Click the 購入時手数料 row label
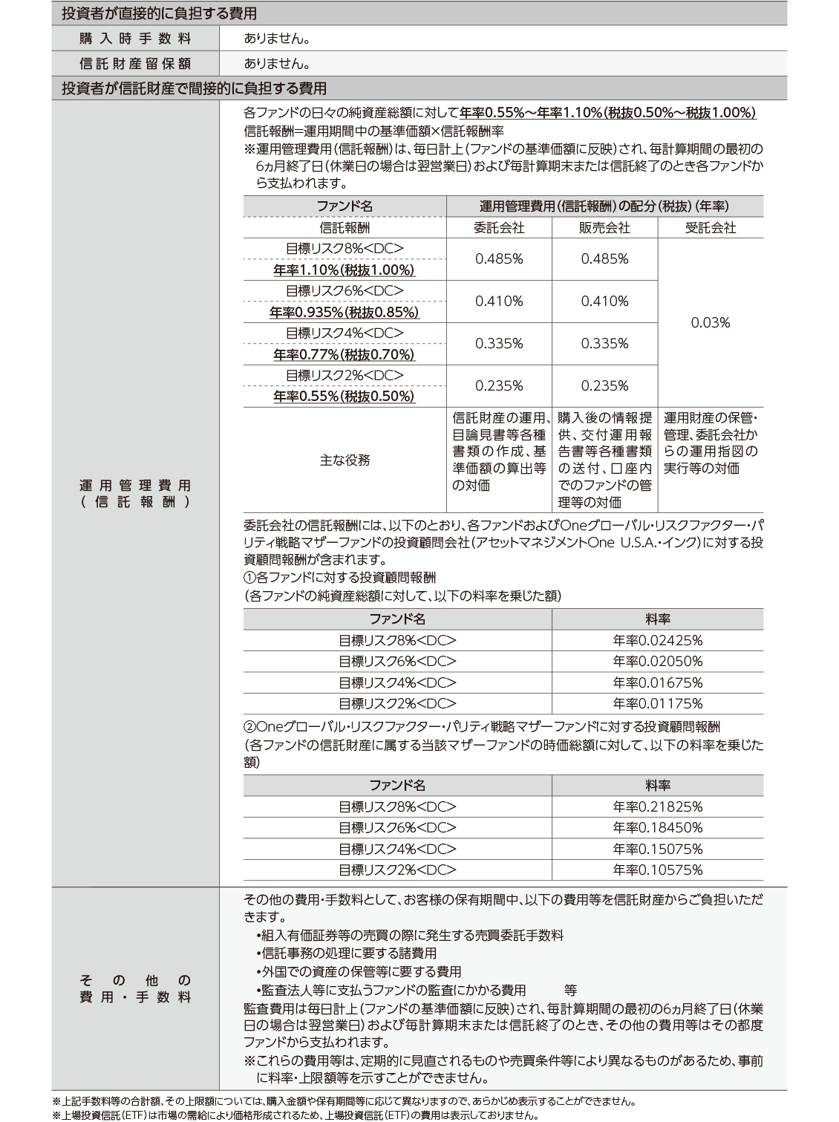pos(135,38)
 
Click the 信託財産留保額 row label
pos(135,63)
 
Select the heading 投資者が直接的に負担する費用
pos(159,13)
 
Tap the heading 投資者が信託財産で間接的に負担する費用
pos(194,88)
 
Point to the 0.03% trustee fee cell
pos(710,322)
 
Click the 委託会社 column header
pos(499,228)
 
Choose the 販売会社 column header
pos(604,228)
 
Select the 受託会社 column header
pos(710,228)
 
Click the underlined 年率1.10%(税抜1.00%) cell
pos(345,270)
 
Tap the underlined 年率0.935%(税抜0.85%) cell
pos(345,313)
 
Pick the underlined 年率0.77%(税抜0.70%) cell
pos(345,355)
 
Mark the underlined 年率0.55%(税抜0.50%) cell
pos(345,397)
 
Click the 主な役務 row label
pos(345,460)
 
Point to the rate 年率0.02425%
pos(657,641)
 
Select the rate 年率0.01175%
pos(657,703)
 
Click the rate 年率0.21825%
pos(657,807)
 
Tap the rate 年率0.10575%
pos(657,870)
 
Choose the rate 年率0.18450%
pos(657,828)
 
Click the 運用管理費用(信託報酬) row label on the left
pos(135,493)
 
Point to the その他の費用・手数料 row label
pos(135,988)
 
